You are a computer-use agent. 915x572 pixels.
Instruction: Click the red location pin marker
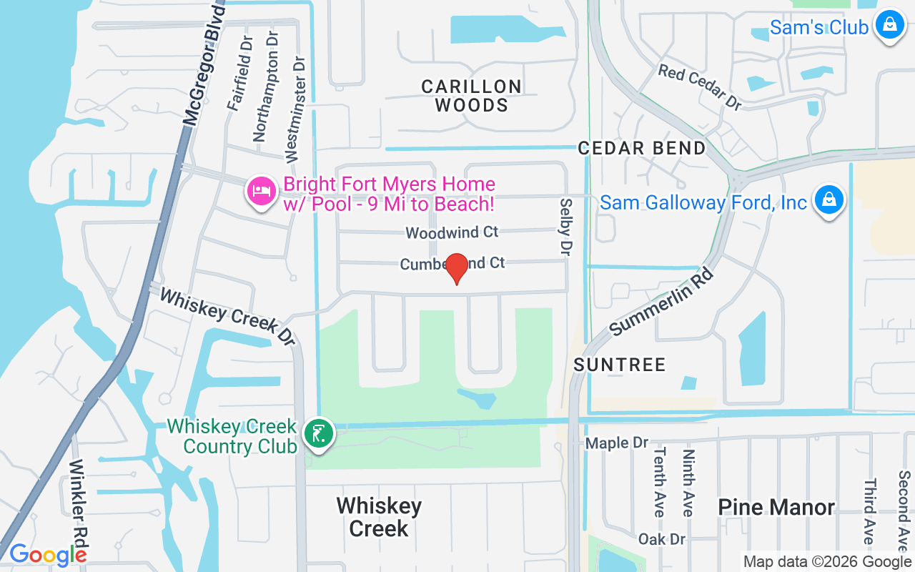tap(457, 269)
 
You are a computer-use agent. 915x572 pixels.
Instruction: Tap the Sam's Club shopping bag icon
tap(890, 25)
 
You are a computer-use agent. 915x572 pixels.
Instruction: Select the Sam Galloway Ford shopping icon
tap(829, 201)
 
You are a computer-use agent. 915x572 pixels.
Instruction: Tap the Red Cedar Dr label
tap(700, 87)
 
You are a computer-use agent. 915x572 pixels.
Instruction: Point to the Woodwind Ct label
tap(452, 233)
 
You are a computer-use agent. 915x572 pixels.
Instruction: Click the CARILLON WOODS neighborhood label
tap(471, 96)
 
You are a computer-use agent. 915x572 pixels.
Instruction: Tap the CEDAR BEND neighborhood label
tap(641, 149)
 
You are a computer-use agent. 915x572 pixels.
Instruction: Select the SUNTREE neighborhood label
tap(620, 365)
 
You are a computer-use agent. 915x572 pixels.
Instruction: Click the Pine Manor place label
tap(776, 508)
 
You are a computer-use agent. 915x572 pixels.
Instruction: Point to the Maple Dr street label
tap(617, 443)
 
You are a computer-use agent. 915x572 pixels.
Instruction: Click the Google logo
tap(48, 554)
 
